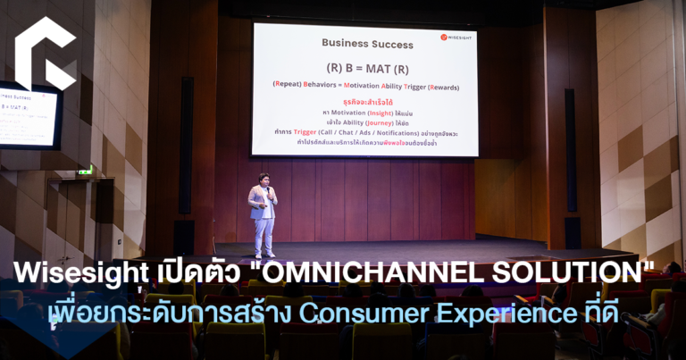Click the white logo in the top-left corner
46,54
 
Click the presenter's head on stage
264,179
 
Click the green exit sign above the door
85,170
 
